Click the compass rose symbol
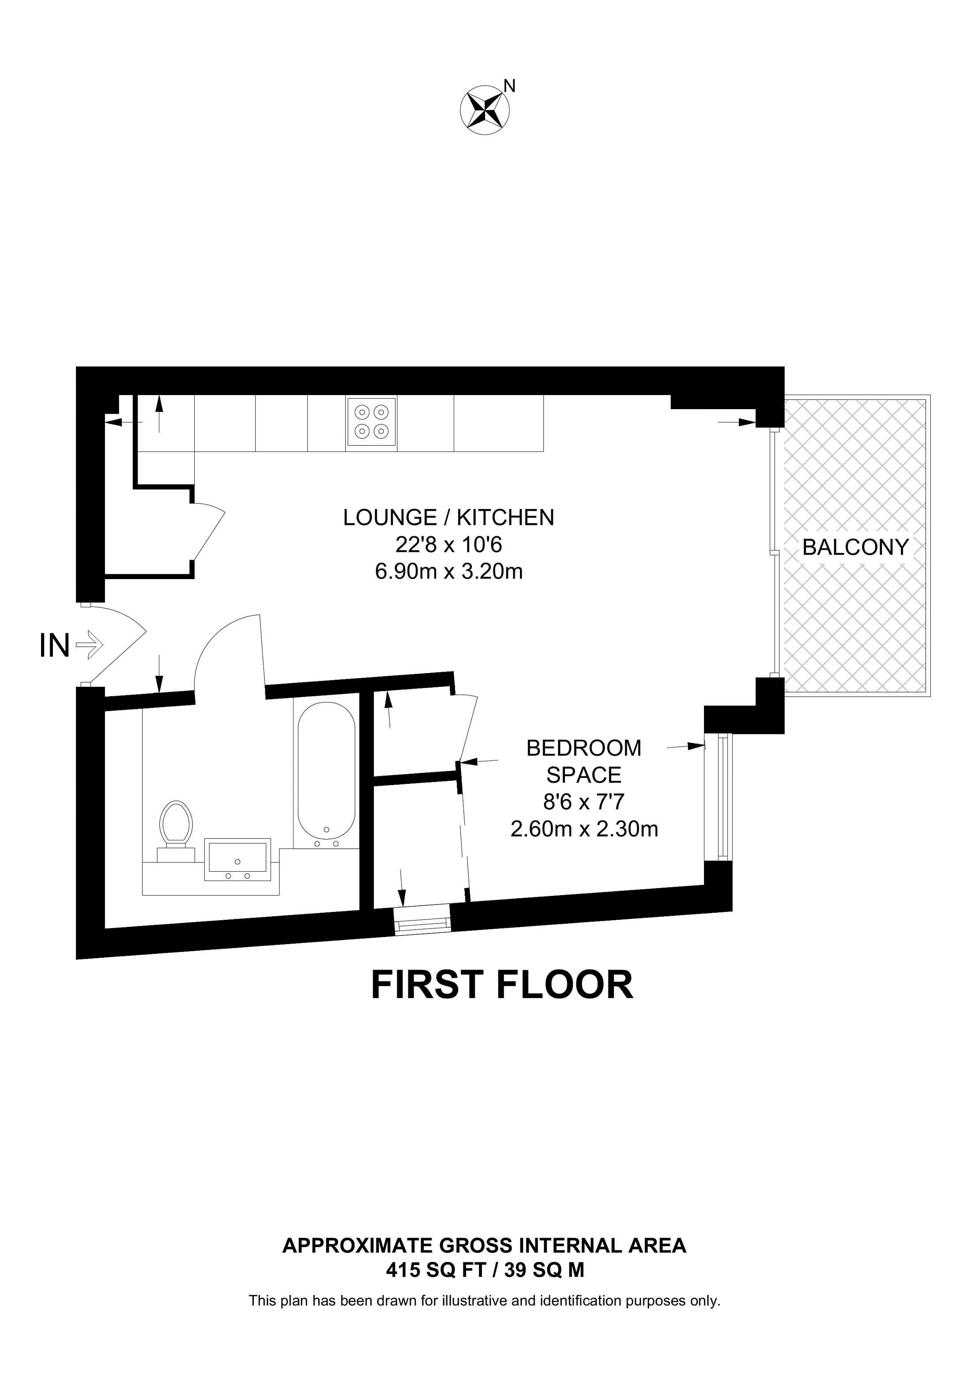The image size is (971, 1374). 485,109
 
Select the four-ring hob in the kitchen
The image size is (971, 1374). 371,422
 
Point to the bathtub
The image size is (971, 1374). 326,775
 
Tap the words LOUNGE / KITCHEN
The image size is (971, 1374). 449,518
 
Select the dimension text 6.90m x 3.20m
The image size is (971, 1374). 449,572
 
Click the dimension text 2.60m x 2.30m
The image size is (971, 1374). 584,829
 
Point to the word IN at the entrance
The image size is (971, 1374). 54,646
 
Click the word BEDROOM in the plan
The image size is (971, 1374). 583,748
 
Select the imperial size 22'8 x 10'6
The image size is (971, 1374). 449,545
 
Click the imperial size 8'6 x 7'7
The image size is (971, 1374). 584,802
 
